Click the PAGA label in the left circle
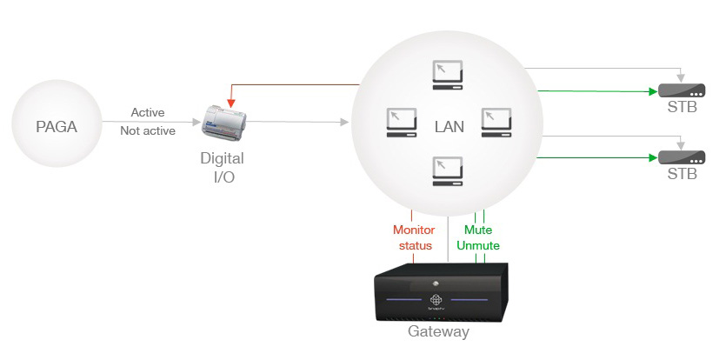tap(57, 127)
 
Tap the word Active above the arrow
tap(148, 112)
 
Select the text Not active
tap(148, 130)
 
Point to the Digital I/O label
tap(222, 167)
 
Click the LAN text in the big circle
tap(449, 127)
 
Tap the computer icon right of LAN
tap(496, 123)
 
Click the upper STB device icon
tap(681, 90)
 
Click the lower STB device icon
tap(681, 157)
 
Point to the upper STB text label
tap(682, 108)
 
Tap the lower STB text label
tap(682, 174)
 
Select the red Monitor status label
tap(413, 237)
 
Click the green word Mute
tap(477, 230)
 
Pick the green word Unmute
tap(477, 246)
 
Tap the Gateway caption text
tap(438, 331)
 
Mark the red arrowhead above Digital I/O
tap(231, 103)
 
